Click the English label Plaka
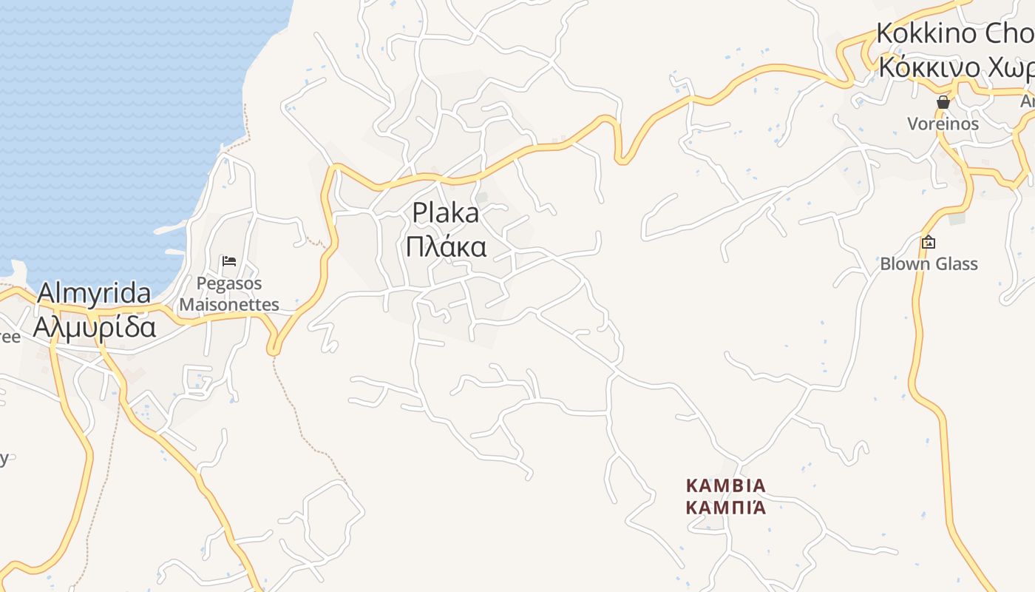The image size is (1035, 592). click(445, 213)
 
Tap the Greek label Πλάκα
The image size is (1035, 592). click(445, 246)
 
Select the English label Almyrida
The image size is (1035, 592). click(94, 293)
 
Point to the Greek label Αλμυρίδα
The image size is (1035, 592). click(94, 326)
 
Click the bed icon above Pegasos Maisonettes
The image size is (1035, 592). click(229, 261)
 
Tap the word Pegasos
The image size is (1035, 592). click(229, 283)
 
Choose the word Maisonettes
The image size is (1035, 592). click(229, 304)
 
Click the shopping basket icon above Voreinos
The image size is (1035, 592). click(943, 102)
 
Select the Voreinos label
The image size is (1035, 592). click(943, 124)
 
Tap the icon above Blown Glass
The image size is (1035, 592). click(929, 242)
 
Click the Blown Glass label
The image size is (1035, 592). click(929, 264)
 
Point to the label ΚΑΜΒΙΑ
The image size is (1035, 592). click(726, 486)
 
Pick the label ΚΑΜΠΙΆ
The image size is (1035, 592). click(726, 508)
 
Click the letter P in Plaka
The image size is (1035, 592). click(420, 213)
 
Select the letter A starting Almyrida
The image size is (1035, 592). click(46, 293)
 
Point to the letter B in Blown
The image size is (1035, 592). click(886, 264)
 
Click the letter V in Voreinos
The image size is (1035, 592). click(913, 124)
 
